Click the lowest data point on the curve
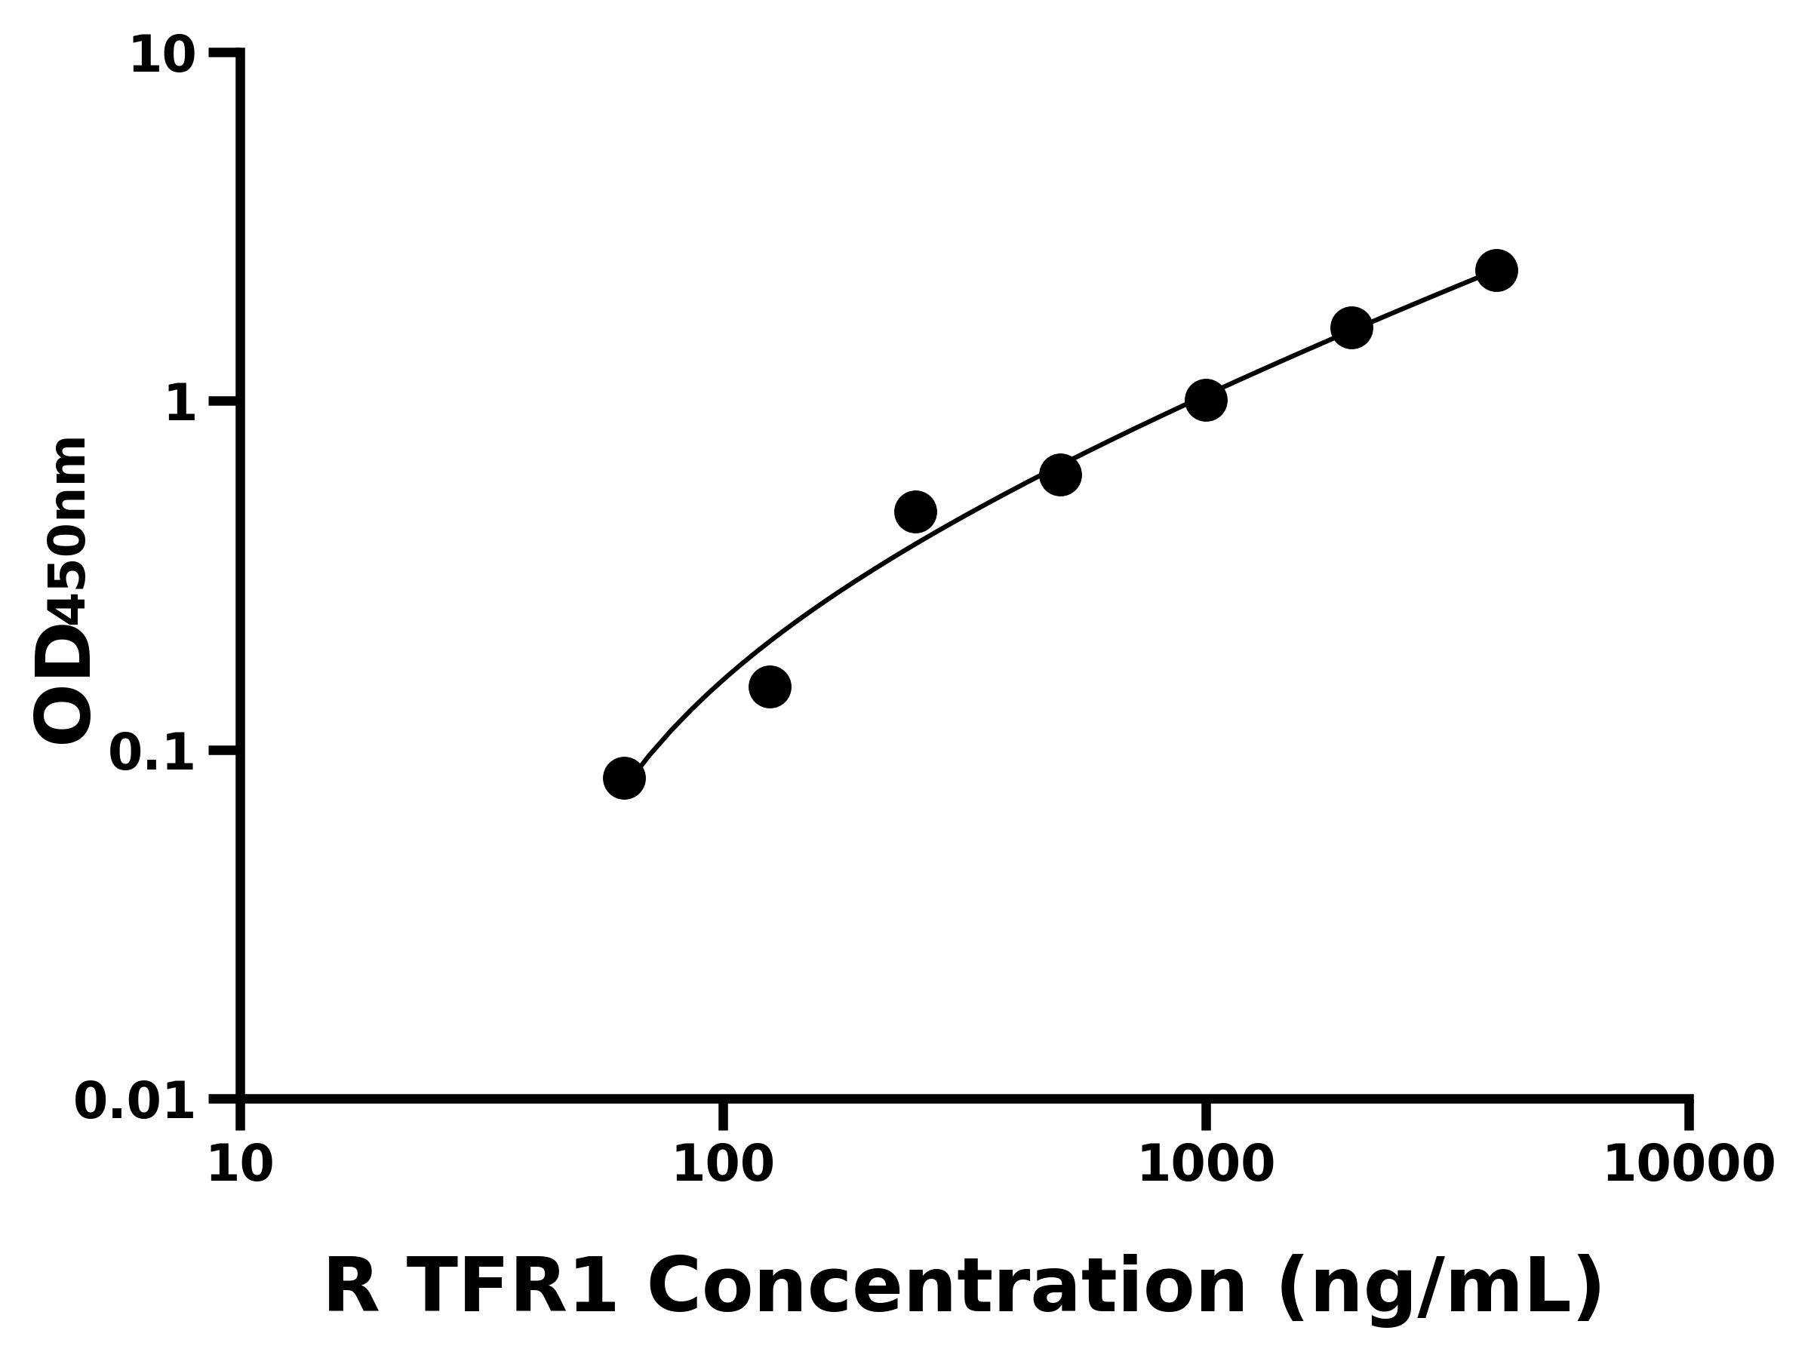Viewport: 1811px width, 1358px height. [x=624, y=778]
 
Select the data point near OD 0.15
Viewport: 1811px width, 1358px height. [x=770, y=686]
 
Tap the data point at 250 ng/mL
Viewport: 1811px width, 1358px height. [x=915, y=512]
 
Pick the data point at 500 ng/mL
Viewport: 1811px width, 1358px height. [x=1060, y=475]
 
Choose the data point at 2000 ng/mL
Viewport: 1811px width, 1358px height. [x=1351, y=327]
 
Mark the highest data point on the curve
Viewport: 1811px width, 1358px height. [x=1496, y=270]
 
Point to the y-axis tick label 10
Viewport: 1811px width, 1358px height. [x=163, y=57]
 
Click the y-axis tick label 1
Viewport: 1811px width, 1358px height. [x=180, y=404]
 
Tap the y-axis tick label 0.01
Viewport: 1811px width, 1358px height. [x=135, y=1101]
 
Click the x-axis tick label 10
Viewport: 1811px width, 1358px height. [x=240, y=1165]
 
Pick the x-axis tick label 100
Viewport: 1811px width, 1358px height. [x=723, y=1165]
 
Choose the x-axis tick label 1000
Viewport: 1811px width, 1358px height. [x=1206, y=1165]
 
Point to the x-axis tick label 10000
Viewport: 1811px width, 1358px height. [x=1688, y=1165]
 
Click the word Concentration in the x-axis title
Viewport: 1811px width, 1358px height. [x=947, y=1288]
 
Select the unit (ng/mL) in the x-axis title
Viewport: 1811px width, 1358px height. [x=1438, y=1289]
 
